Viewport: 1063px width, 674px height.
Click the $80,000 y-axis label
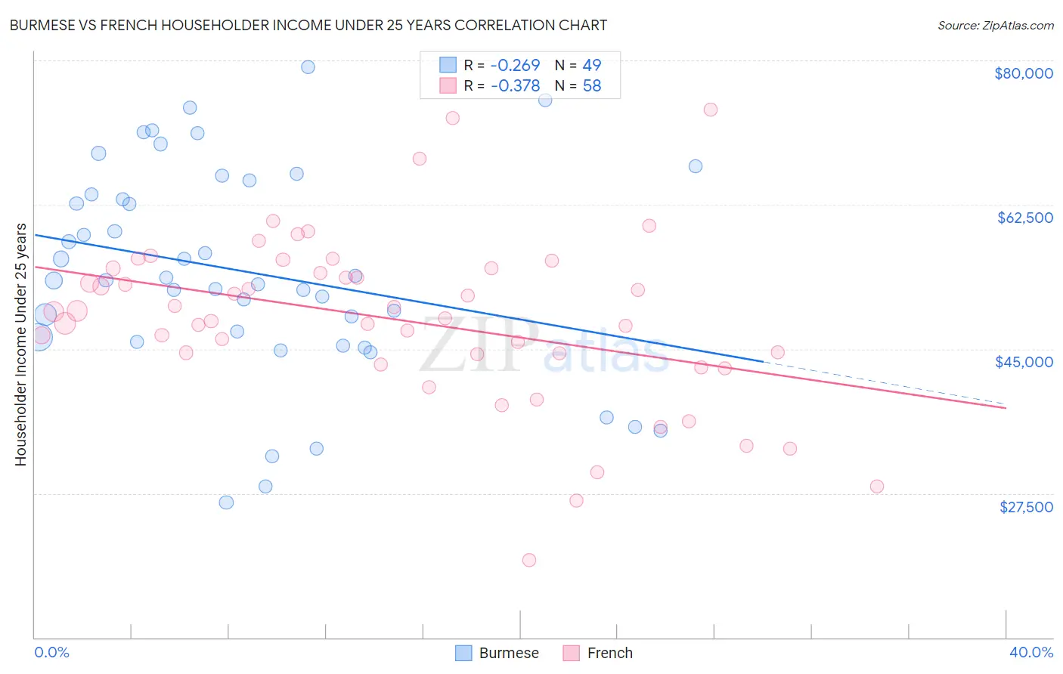pos(1023,73)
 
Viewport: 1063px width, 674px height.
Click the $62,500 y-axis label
pos(1024,218)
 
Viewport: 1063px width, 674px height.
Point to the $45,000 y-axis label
pos(1024,362)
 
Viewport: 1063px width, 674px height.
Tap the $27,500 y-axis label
pos(1026,507)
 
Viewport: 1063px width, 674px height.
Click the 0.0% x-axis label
pos(51,652)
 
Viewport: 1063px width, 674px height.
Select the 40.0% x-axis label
pos(1030,652)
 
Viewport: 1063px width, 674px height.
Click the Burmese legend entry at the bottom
pos(508,653)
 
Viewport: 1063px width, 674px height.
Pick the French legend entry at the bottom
pos(609,653)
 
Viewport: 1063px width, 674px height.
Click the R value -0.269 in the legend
pos(515,65)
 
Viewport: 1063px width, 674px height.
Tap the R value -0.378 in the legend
pos(515,85)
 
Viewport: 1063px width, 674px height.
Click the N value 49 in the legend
pos(591,65)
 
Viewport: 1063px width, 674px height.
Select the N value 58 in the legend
pos(591,85)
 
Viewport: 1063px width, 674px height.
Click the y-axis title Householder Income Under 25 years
pos(20,344)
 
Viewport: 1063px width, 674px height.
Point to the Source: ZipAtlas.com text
pos(995,25)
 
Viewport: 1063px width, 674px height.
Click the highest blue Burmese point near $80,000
pos(308,67)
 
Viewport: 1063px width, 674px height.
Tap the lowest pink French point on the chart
pos(529,560)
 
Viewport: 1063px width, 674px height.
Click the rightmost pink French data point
pos(877,486)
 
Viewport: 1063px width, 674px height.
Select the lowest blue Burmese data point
pos(226,502)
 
